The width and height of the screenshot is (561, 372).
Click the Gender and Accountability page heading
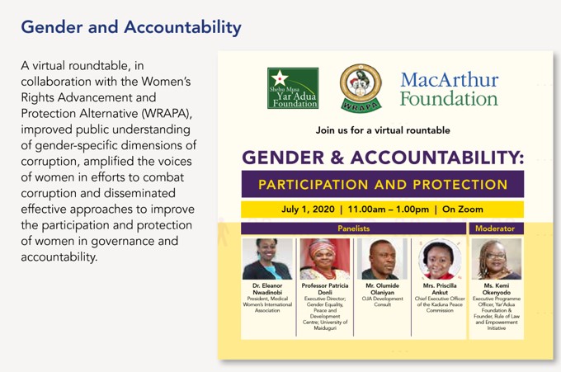coord(131,27)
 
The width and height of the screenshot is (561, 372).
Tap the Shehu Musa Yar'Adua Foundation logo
coord(293,88)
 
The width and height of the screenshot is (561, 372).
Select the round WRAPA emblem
coord(361,87)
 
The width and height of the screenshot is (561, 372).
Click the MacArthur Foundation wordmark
coord(450,89)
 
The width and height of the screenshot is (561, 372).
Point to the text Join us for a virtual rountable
coord(383,130)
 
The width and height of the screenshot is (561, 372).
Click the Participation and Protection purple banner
coord(383,184)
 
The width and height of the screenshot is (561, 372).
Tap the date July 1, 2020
coord(308,210)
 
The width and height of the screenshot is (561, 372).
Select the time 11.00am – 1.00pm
coord(389,210)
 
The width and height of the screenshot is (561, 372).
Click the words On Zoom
coord(463,210)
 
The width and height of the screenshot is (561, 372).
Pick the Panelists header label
coord(353,228)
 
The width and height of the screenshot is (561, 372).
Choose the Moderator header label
coord(495,228)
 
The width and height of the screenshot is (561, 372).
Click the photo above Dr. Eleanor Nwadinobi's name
coord(267,259)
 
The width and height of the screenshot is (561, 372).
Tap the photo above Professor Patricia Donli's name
coord(325,259)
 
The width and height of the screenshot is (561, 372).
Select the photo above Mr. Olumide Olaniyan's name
coord(382,259)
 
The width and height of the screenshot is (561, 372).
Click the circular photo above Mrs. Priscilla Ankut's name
coord(440,259)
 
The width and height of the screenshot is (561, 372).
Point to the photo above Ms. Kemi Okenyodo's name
coord(497,259)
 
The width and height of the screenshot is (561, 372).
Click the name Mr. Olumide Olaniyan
coord(382,289)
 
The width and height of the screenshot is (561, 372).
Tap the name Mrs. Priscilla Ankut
coord(440,289)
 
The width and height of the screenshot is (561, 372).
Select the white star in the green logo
coord(280,78)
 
